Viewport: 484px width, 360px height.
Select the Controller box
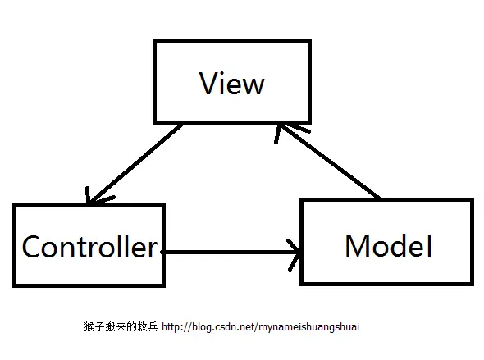coord(89,245)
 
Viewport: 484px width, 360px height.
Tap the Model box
coord(387,242)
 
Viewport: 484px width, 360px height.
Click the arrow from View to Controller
coord(135,164)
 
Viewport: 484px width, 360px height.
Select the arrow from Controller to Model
coord(230,249)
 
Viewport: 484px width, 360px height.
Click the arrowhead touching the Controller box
coord(93,198)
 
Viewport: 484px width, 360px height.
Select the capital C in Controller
coord(33,246)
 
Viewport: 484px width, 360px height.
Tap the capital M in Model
coord(359,245)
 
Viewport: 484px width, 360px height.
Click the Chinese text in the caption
coord(116,326)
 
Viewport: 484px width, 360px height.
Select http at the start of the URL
coord(172,326)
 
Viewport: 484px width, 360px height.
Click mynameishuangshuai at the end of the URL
coord(309,327)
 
